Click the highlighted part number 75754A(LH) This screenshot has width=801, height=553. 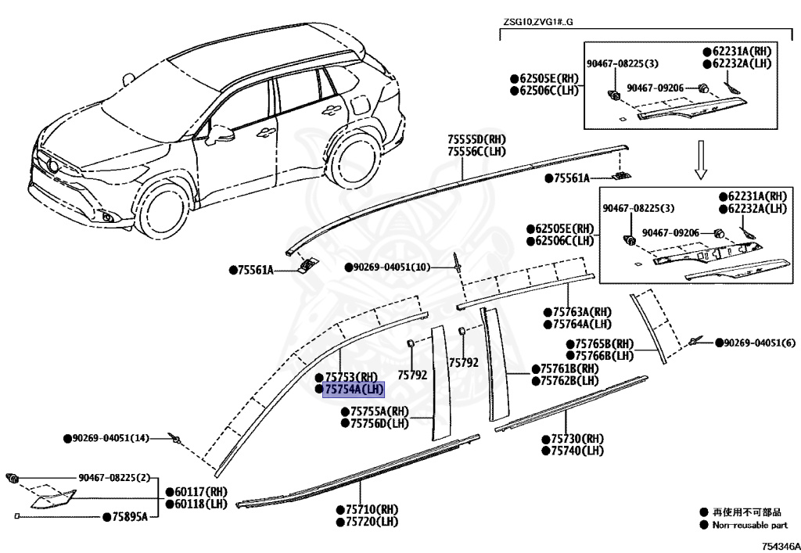click(354, 389)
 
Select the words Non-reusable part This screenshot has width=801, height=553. click(749, 526)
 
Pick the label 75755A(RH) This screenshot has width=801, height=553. click(379, 411)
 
